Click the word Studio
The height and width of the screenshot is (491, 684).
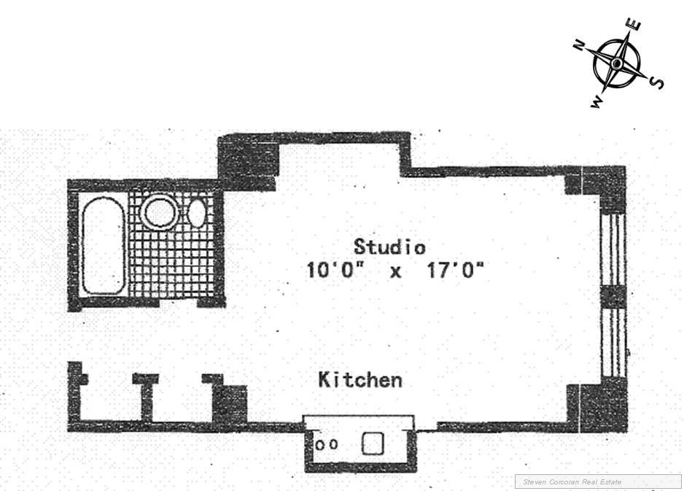389,246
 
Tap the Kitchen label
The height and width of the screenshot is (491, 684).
360,380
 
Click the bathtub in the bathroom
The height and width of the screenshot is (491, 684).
104,246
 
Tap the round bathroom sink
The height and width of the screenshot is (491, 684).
158,211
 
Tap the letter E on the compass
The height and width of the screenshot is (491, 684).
635,26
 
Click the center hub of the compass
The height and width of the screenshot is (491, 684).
617,64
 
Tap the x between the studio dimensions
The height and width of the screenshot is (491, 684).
395,272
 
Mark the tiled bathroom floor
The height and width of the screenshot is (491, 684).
175,259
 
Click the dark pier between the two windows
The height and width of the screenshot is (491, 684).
613,297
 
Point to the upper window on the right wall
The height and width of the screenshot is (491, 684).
613,248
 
